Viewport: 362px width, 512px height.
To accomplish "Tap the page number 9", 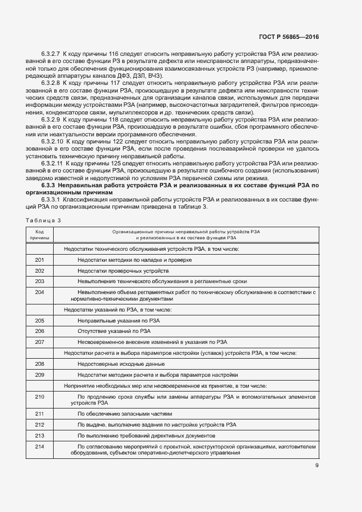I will [x=317, y=465].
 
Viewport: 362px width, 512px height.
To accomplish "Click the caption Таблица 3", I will [x=44, y=220].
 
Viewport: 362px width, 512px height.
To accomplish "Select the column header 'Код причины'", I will [x=39, y=235].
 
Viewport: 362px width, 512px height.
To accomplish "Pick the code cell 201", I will [x=39, y=260].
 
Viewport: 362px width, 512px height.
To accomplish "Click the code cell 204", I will [x=39, y=292].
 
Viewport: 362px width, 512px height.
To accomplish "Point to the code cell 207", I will [x=39, y=342].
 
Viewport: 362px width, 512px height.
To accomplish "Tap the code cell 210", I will [x=39, y=396].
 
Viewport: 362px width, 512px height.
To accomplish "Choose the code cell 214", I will [x=39, y=447].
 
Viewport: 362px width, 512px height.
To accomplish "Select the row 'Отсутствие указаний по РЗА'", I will [x=114, y=331].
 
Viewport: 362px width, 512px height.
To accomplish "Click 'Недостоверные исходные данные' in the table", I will [x=121, y=364].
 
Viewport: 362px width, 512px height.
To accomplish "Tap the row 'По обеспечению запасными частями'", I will [x=125, y=413].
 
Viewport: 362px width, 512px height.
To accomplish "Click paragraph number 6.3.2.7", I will [x=50, y=55].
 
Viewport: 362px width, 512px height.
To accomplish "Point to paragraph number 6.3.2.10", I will [x=53, y=141].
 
